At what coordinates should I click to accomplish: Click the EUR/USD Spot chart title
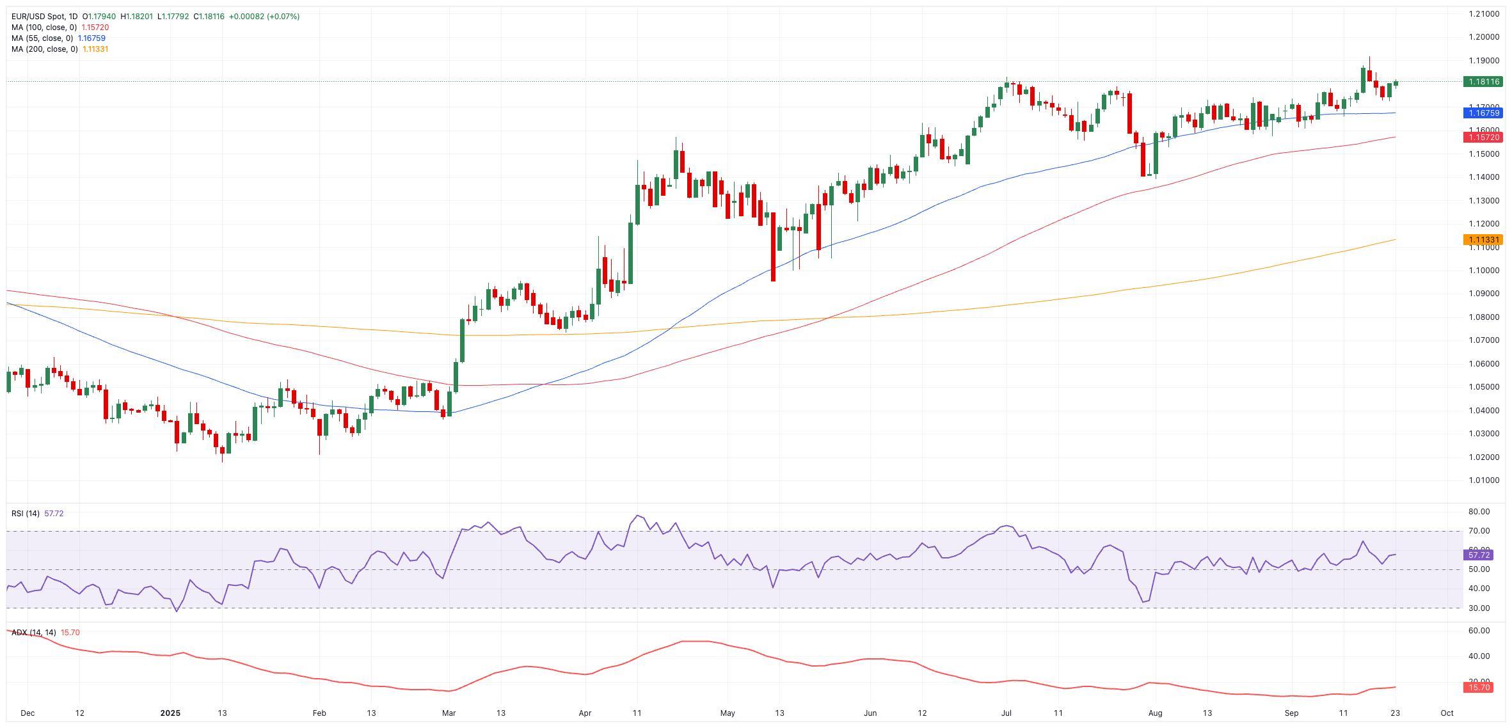tap(44, 17)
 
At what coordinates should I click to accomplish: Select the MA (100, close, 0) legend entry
tap(44, 28)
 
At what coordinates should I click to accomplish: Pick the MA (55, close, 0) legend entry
tap(42, 38)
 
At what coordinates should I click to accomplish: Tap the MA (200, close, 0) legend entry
tap(44, 49)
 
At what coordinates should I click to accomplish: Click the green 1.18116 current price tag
tap(1483, 82)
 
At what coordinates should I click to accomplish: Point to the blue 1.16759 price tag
tap(1483, 113)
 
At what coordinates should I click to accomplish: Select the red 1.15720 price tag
tap(1483, 138)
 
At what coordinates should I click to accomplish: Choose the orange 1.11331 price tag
tap(1483, 240)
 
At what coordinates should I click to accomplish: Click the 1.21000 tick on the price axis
tap(1484, 14)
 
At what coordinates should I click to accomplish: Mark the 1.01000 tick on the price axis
tap(1484, 480)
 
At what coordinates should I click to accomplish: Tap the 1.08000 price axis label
tap(1484, 317)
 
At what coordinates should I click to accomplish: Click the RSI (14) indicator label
tap(26, 514)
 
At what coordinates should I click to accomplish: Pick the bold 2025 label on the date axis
tap(171, 713)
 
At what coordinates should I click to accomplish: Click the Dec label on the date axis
tap(27, 713)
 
